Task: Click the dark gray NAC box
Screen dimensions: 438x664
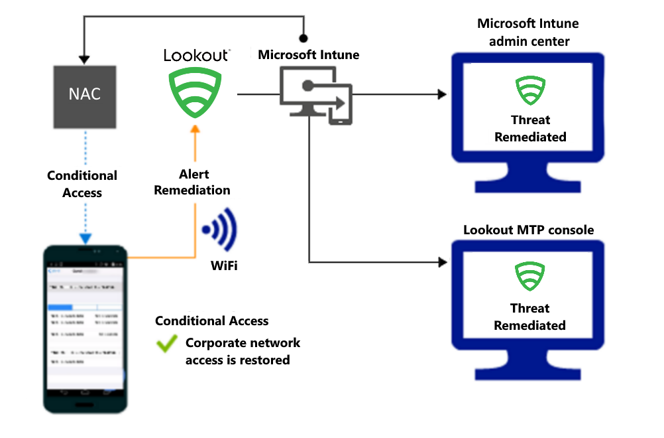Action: (85, 96)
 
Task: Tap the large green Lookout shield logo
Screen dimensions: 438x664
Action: (194, 93)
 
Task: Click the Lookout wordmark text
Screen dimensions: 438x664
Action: (197, 55)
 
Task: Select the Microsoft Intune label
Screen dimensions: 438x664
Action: (309, 54)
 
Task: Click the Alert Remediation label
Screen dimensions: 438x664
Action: (192, 182)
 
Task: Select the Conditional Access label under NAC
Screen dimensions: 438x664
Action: (82, 184)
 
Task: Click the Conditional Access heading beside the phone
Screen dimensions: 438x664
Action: (212, 321)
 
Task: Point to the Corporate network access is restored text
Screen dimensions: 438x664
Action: (242, 352)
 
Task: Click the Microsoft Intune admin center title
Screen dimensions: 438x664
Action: (528, 33)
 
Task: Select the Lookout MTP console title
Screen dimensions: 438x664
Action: (528, 230)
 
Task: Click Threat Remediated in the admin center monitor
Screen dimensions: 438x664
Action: (530, 129)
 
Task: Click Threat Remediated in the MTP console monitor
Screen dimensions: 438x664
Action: (529, 317)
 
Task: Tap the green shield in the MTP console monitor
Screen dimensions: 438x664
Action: (529, 277)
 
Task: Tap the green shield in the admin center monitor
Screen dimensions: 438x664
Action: (530, 90)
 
